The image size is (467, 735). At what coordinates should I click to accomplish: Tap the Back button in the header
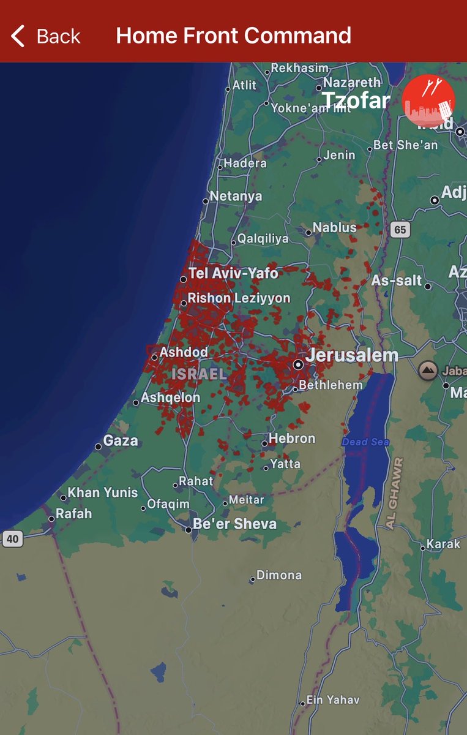point(46,36)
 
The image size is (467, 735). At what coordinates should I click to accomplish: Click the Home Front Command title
point(233,36)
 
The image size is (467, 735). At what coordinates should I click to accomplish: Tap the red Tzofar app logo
point(428,101)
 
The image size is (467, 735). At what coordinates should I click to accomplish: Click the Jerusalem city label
point(352,355)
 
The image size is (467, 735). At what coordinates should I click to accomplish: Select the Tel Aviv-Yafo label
point(233,273)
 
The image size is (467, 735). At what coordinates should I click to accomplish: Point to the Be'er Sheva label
point(234,524)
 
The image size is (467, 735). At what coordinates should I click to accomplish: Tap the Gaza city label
point(121,441)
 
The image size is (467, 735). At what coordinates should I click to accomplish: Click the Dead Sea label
point(365,442)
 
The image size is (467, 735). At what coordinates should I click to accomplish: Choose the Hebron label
point(292,439)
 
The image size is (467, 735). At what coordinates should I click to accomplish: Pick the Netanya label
point(236,197)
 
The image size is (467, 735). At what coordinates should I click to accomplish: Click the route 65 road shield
point(400,230)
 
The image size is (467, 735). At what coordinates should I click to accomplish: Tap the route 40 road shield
point(12,539)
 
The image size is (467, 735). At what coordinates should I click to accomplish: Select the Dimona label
point(279,575)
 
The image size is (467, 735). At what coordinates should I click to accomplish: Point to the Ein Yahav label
point(334,700)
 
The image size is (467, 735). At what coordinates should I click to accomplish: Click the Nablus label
point(334,228)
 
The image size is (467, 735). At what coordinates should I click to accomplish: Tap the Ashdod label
point(184,353)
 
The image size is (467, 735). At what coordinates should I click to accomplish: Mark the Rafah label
point(73,514)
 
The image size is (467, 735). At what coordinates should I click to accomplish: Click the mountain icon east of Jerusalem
point(428,370)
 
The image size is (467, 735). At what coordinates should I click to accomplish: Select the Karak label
point(443,545)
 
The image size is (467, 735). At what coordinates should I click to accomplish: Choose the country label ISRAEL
point(199,374)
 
